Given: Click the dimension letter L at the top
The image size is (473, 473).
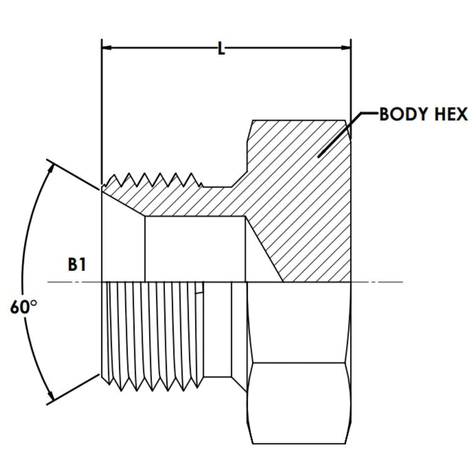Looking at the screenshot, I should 221,49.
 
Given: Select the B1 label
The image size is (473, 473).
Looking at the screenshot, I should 77,265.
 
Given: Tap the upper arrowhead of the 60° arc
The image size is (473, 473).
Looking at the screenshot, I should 50,165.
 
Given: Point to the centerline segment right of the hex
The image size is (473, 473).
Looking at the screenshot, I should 377,282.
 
